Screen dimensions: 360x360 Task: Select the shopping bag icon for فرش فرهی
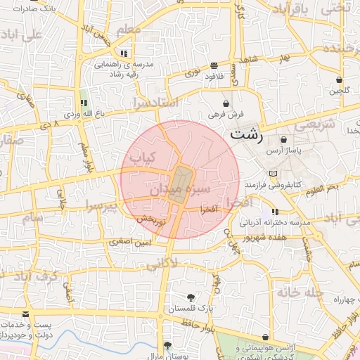click(x=225, y=103)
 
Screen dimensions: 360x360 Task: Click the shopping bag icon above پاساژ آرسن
click(x=283, y=140)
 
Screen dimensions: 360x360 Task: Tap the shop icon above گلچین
click(x=340, y=80)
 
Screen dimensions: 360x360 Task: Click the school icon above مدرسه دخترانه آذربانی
click(x=275, y=212)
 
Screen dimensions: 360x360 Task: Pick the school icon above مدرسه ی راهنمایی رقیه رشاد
click(x=124, y=53)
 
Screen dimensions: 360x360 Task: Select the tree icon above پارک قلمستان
click(x=191, y=297)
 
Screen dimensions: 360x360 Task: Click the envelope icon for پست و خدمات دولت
click(x=26, y=314)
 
